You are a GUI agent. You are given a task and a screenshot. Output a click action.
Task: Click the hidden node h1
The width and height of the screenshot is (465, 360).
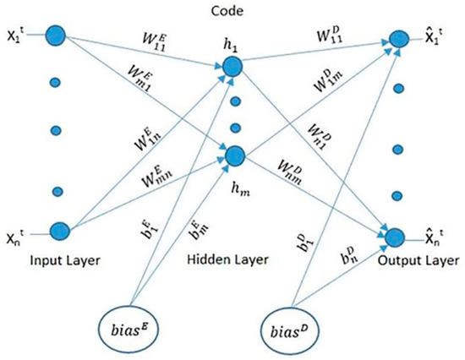pos(234,65)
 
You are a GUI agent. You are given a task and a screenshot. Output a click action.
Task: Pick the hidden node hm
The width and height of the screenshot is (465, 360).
pos(234,155)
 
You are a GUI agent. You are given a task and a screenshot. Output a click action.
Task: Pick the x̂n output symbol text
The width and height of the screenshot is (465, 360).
pos(435,237)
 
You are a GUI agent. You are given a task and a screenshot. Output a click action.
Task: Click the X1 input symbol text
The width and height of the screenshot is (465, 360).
pos(17,38)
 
